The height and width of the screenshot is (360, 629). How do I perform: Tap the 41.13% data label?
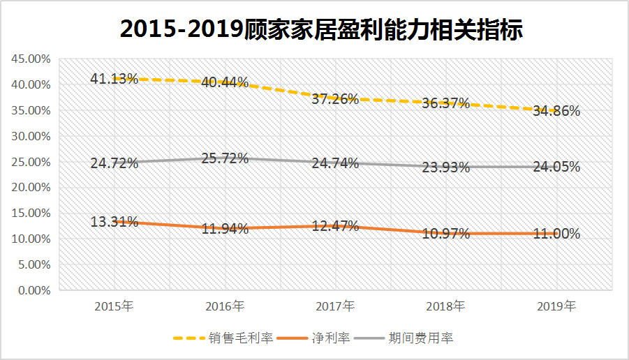tap(114, 79)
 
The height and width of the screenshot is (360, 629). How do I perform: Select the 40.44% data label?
tap(225, 82)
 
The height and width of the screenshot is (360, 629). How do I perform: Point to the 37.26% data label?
tap(335, 99)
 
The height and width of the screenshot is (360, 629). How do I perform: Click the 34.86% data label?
tap(556, 110)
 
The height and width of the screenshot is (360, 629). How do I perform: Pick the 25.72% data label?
tap(225, 158)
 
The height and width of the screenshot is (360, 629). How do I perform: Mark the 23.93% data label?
tap(446, 167)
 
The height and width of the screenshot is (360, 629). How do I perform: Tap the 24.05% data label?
tap(556, 167)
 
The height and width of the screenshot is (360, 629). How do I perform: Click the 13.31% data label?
tap(114, 222)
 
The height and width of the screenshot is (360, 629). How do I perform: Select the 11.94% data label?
tap(225, 229)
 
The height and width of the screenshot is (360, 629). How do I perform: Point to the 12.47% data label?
tap(335, 226)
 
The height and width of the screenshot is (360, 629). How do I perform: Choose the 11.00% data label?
tap(556, 234)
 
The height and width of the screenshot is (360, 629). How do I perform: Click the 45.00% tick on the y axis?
tap(31, 59)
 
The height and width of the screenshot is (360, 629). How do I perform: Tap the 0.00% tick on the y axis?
tap(34, 290)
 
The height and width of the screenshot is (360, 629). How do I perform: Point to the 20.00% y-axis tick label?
tap(31, 188)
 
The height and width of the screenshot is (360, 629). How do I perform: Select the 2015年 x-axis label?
tap(113, 306)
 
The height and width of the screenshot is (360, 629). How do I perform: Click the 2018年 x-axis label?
tap(445, 306)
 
